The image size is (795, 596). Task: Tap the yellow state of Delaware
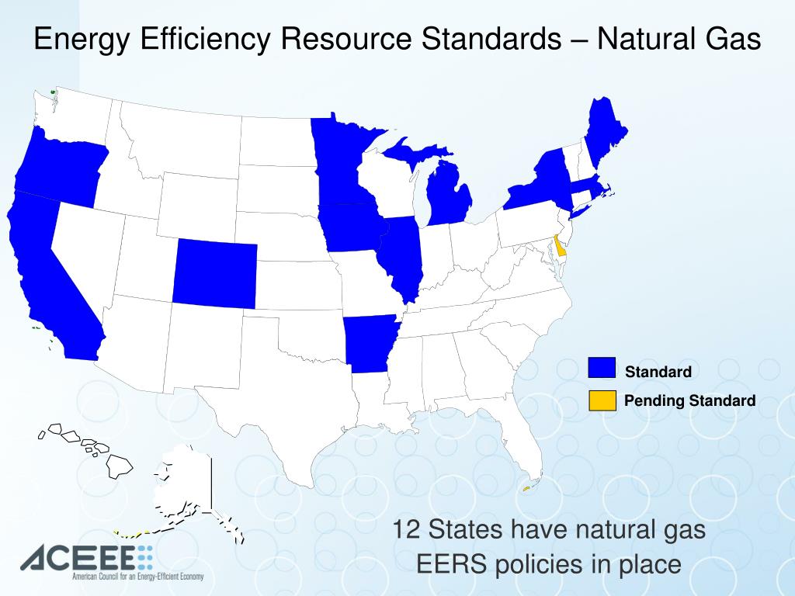(559, 248)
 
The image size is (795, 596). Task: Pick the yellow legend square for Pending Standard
(601, 400)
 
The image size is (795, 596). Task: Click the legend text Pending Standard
(689, 400)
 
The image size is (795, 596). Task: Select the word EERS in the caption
(451, 564)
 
